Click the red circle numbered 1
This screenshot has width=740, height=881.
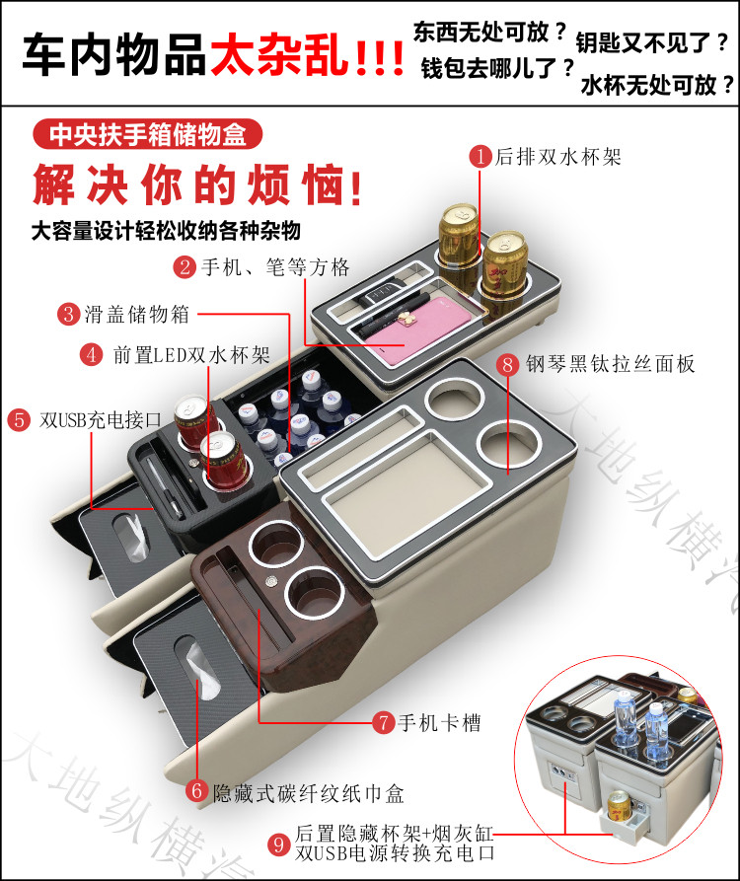(x=480, y=157)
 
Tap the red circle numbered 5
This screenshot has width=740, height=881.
(x=18, y=418)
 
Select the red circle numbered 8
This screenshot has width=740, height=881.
(x=508, y=364)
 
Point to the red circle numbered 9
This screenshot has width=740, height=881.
(x=279, y=844)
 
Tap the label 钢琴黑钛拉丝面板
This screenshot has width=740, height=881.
(x=611, y=364)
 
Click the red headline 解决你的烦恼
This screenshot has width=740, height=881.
(x=194, y=183)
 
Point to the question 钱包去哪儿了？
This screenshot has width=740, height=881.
(x=498, y=68)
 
